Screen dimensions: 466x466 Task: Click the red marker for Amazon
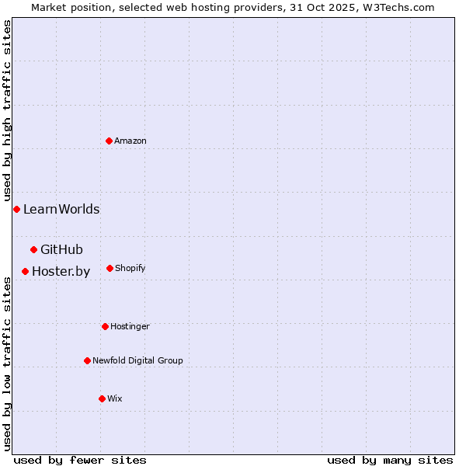(110, 141)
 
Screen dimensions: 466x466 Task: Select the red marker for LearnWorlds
(16, 209)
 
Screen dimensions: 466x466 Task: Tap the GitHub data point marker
(33, 249)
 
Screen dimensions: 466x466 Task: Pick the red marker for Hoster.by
(25, 271)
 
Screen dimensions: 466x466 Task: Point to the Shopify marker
(110, 268)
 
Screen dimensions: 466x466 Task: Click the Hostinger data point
(105, 326)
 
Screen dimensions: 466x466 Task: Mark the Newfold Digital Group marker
(87, 360)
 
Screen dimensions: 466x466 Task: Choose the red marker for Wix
(102, 398)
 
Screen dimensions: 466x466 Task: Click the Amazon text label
(130, 141)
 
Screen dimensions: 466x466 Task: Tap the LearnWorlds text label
(61, 209)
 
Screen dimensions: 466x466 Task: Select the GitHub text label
(61, 249)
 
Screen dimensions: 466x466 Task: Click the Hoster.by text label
(61, 271)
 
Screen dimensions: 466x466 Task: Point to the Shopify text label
(130, 268)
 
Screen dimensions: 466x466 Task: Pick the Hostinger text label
(130, 326)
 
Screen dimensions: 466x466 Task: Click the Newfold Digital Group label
(137, 360)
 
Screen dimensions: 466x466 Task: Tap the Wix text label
(115, 398)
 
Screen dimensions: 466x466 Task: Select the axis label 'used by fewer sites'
(80, 460)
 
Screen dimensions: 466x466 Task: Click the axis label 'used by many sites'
(390, 460)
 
